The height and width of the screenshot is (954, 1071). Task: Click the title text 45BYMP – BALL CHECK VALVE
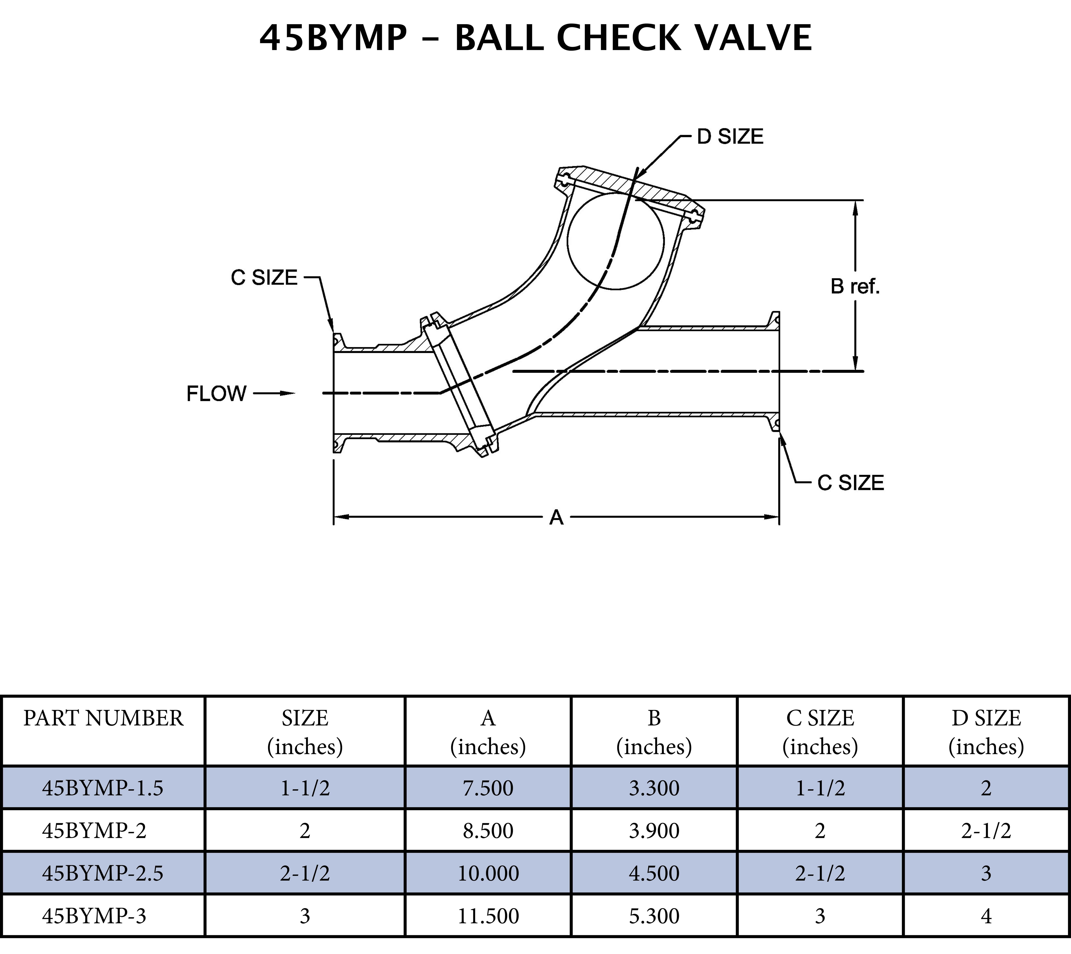(x=535, y=38)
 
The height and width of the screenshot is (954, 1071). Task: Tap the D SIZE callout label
(x=730, y=137)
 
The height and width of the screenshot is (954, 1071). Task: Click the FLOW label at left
(x=216, y=394)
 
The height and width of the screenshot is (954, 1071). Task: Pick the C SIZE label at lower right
(x=850, y=483)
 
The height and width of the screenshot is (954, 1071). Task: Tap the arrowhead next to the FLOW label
(x=286, y=393)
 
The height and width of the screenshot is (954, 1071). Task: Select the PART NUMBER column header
(x=103, y=718)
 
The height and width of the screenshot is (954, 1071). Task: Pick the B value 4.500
(x=654, y=873)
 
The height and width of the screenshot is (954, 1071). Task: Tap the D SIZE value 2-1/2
(x=986, y=831)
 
